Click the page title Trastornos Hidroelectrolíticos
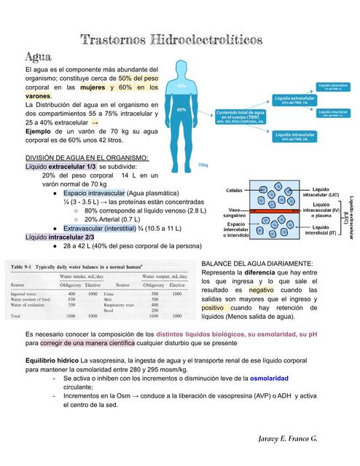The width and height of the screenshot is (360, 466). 180,39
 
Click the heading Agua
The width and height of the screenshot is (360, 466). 37,57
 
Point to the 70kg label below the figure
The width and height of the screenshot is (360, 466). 203,165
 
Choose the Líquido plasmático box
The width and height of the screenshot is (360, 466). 336,86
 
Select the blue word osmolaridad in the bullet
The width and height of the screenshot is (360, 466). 269,379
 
